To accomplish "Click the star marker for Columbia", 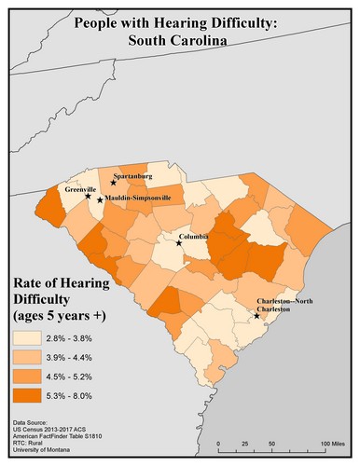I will pos(181,244).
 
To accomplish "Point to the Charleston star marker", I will pos(257,316).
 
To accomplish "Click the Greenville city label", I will pos(80,188).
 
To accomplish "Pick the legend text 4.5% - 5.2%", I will pos(78,382).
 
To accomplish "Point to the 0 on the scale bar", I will pos(219,442).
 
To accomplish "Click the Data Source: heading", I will pos(32,423).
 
